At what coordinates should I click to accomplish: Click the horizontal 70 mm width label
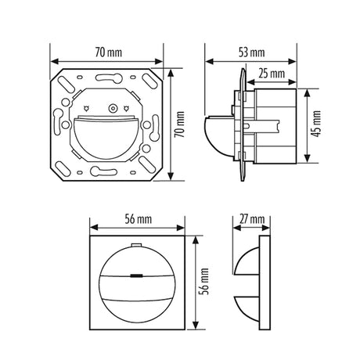coord(108,52)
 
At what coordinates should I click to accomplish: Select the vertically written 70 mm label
coord(179,124)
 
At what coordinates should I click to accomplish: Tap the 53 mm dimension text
coord(252,52)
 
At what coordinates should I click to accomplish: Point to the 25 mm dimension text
coord(272,74)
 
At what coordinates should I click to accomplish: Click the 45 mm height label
coord(316,124)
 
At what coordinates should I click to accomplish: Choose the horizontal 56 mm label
coord(138,219)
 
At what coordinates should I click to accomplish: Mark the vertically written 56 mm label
coord(204,282)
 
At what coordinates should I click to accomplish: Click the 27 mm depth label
coord(252,219)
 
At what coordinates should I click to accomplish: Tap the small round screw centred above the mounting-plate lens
coord(113,108)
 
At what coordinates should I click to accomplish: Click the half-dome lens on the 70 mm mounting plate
coord(105,139)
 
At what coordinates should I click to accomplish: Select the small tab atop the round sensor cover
coord(136,245)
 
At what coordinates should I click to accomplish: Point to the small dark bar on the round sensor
coord(136,275)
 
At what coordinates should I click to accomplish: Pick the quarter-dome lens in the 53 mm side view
coord(218,135)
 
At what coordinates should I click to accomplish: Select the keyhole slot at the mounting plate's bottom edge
coord(103,171)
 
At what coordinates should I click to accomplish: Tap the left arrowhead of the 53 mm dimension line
coord(210,62)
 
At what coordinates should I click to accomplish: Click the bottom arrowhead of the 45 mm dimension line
coord(308,158)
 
